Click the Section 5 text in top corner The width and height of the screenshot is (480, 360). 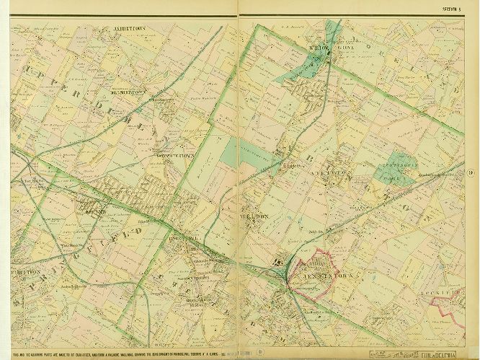pos(452,9)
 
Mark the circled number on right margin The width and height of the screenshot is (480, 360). pos(469,171)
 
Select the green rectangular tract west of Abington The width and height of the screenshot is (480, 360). pos(238,153)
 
